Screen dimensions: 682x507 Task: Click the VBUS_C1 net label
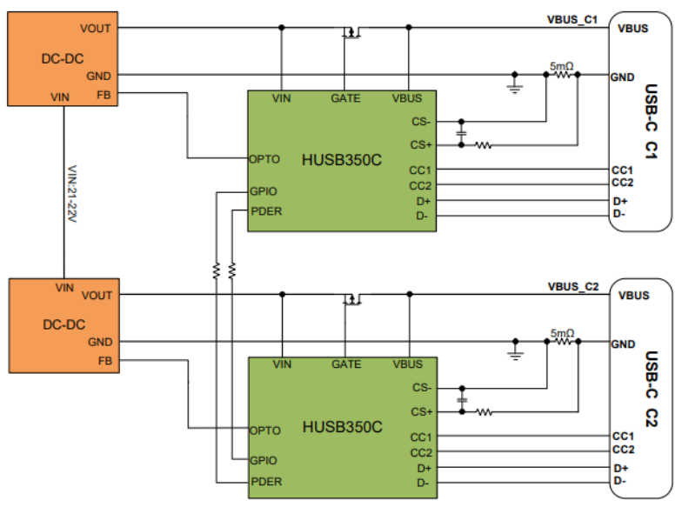coord(572,20)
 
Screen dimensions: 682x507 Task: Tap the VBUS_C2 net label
coord(572,287)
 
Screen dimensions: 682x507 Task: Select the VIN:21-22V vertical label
coord(72,193)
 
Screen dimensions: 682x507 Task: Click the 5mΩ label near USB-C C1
coord(562,66)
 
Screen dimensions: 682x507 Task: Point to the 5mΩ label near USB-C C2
coord(562,333)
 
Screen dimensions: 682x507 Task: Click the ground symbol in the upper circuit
coord(515,85)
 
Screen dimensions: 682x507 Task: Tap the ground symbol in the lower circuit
coord(515,353)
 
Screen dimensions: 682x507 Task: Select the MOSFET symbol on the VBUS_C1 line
coord(351,32)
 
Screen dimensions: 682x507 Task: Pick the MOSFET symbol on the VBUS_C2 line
coord(352,299)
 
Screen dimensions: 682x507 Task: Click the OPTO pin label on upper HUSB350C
coord(264,159)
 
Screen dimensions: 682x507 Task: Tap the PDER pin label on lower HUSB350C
coord(266,482)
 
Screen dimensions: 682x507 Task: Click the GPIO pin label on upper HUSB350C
coord(263,191)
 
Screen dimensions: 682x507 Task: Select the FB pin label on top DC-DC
coord(104,95)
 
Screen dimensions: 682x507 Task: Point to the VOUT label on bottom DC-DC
coord(97,296)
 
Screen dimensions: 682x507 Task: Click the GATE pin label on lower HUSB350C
coord(346,364)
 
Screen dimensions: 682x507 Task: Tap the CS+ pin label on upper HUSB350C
coord(421,144)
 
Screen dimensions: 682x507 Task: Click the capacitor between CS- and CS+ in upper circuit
coord(461,133)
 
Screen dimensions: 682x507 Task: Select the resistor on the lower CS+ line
coord(484,412)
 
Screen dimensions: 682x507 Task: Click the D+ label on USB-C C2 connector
coord(621,468)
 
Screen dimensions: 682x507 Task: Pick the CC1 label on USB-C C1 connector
coord(622,170)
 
